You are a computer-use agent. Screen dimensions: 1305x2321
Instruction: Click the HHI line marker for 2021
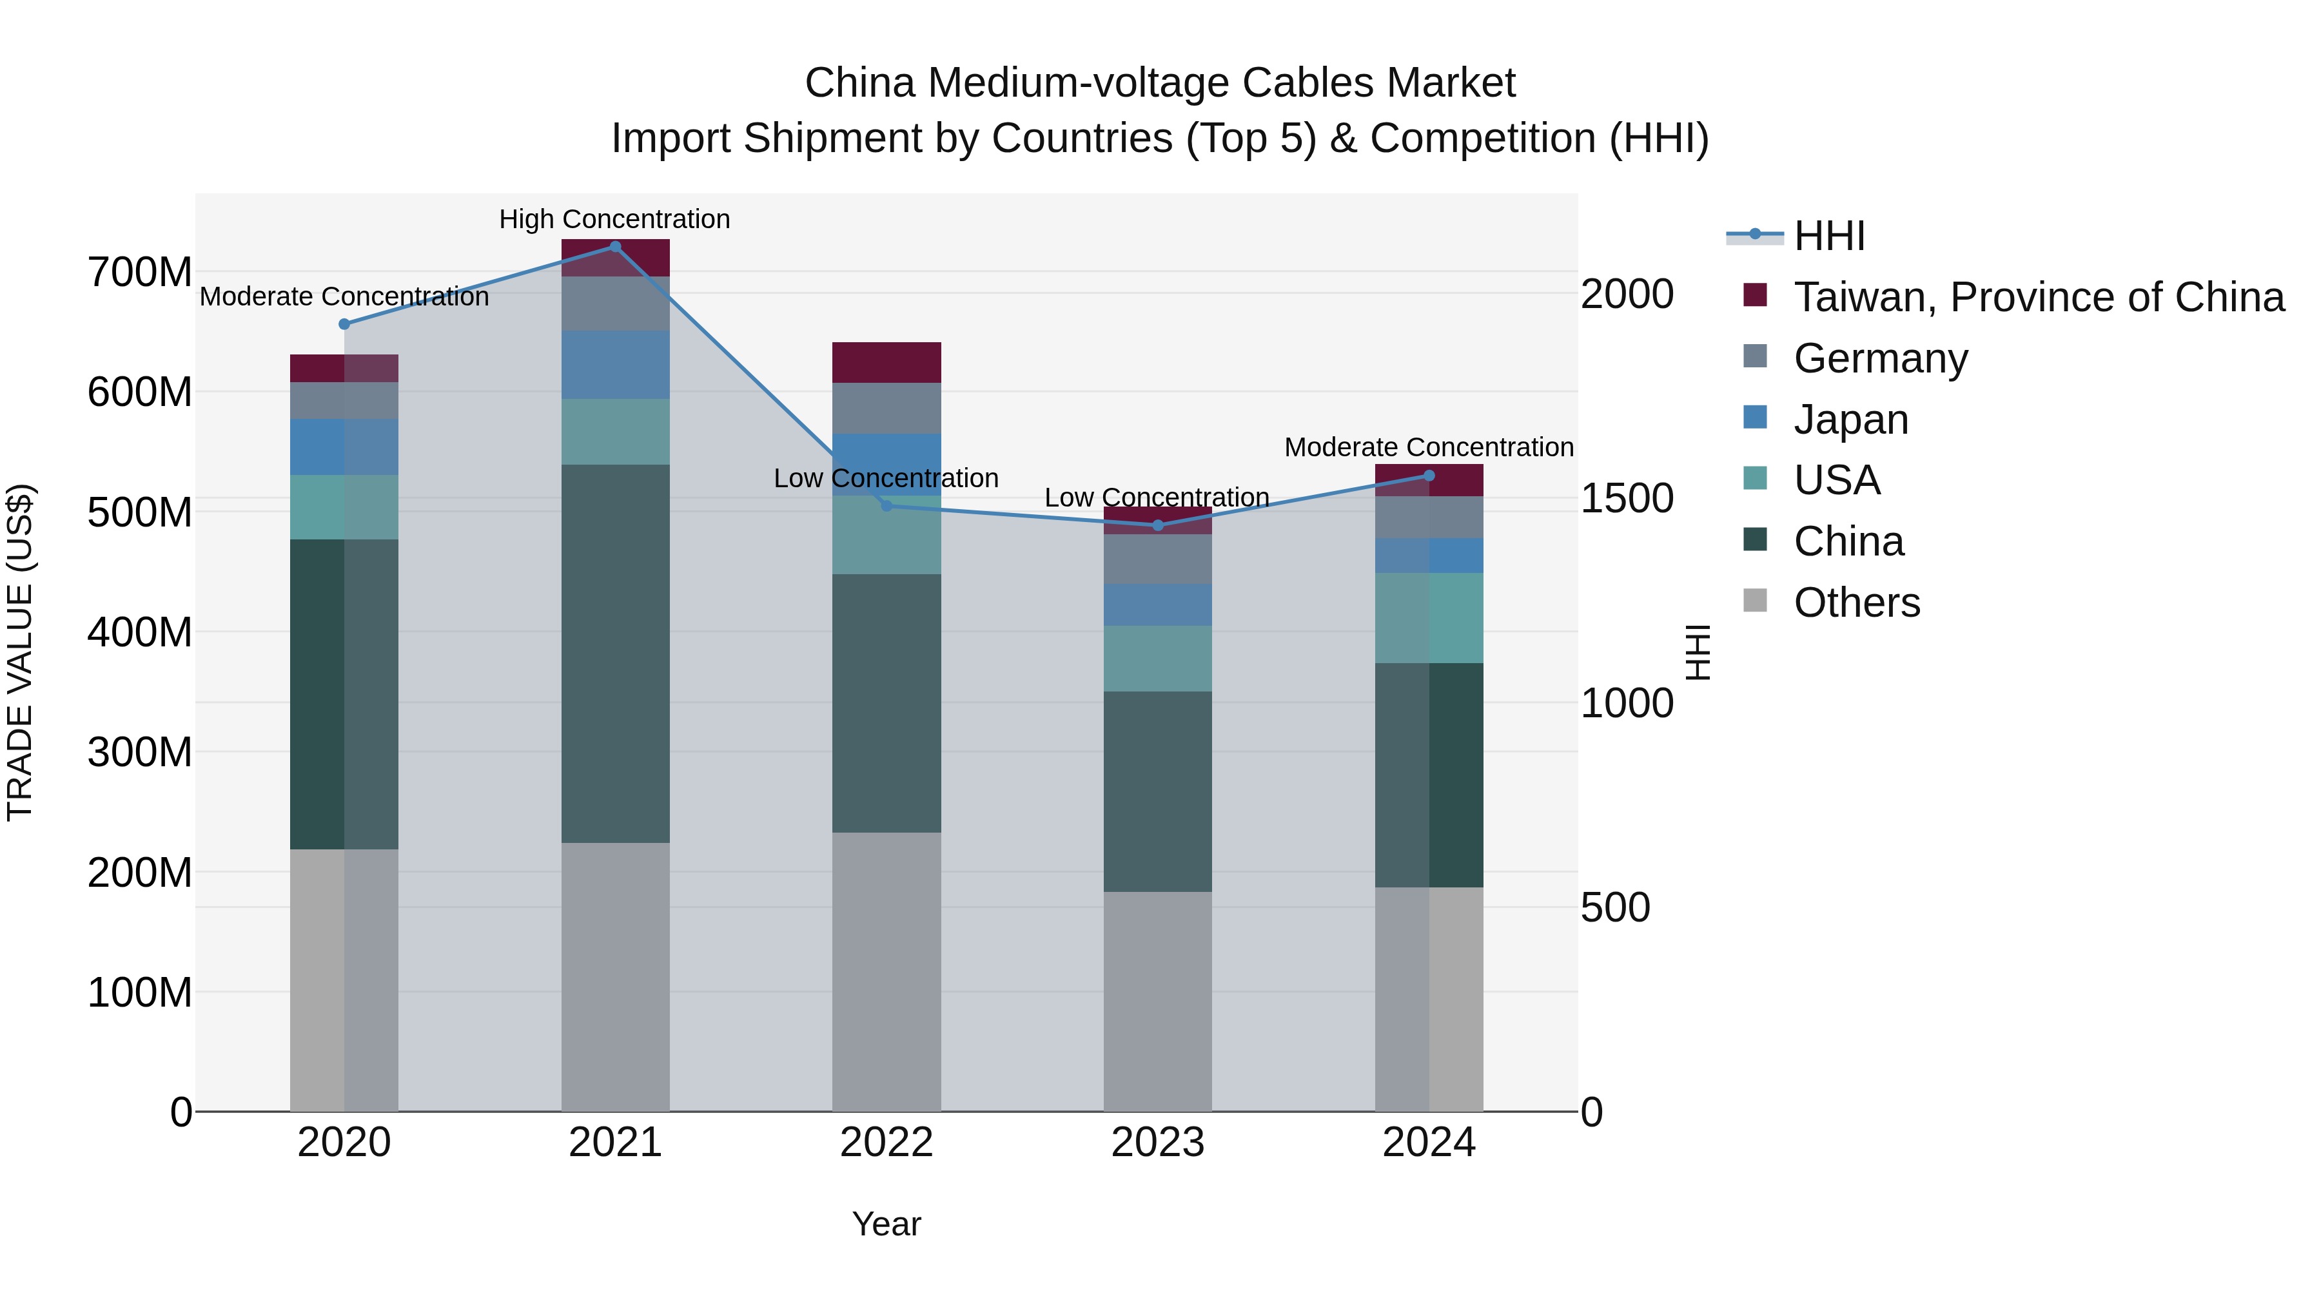(616, 247)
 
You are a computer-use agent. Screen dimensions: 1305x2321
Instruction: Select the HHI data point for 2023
(1158, 525)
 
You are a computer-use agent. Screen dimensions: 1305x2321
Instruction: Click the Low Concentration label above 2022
(886, 478)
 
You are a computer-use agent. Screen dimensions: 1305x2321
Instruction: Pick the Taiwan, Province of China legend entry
(2038, 297)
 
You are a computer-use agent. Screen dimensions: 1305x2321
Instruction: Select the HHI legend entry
(1829, 236)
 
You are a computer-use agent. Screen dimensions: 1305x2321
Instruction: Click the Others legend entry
(1856, 603)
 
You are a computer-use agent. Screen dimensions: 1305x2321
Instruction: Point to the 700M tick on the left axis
(140, 272)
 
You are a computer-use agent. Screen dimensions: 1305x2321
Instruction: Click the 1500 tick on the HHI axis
(1627, 498)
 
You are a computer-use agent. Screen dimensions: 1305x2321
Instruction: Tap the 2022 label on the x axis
(886, 1143)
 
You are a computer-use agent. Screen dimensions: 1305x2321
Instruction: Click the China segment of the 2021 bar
(616, 653)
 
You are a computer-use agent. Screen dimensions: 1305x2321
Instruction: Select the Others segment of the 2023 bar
(1158, 1000)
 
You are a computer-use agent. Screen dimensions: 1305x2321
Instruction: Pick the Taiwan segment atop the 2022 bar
(886, 362)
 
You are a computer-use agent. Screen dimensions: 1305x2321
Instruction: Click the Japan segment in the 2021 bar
(616, 365)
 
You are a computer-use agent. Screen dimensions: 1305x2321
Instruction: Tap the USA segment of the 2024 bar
(1429, 618)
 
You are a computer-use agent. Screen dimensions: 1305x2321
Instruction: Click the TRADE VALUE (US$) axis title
(20, 652)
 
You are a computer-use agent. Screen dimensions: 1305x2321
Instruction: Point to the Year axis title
(886, 1224)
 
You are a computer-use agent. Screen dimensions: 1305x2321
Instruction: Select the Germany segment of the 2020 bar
(344, 401)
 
